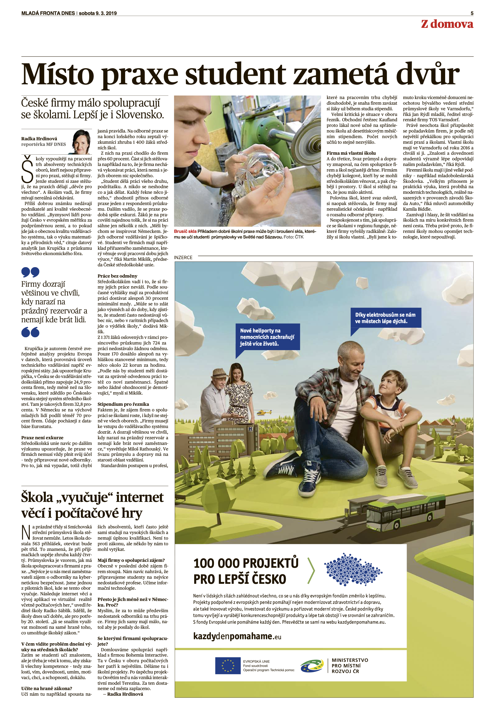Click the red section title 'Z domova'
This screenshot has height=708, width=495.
(x=447, y=24)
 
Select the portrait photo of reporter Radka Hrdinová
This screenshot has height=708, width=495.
(x=82, y=142)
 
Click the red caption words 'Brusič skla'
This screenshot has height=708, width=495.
(x=185, y=231)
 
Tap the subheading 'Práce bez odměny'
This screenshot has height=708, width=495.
(x=117, y=276)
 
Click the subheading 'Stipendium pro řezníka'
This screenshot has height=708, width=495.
(x=123, y=404)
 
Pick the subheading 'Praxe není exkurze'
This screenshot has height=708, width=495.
(x=42, y=438)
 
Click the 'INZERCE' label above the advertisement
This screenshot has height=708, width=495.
(x=183, y=258)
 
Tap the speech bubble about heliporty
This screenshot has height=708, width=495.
(x=267, y=337)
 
